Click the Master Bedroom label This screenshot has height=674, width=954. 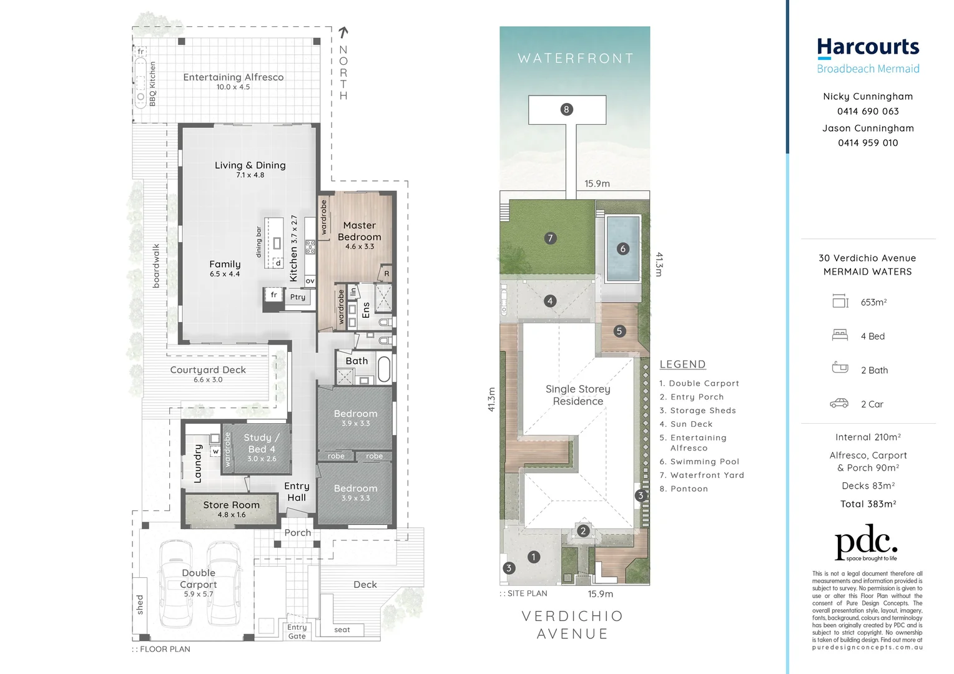[359, 232]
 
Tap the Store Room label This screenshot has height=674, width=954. [231, 505]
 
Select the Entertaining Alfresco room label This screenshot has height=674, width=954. [233, 77]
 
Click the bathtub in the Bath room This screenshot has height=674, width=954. [384, 369]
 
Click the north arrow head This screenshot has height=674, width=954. [343, 31]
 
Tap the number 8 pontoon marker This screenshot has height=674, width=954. [566, 110]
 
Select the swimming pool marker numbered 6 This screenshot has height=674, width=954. [622, 249]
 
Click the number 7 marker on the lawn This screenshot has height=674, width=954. [550, 238]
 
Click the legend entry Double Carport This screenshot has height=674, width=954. [699, 383]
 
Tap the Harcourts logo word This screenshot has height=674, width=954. [868, 47]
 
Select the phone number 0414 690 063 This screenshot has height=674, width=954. [868, 112]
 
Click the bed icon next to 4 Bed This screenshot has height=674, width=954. [840, 336]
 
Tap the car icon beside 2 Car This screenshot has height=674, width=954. [839, 404]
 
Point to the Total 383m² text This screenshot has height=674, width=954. [868, 504]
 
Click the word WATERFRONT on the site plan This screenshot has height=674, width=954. [575, 59]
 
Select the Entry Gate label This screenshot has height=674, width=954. [297, 632]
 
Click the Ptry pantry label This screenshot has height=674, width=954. [298, 297]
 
